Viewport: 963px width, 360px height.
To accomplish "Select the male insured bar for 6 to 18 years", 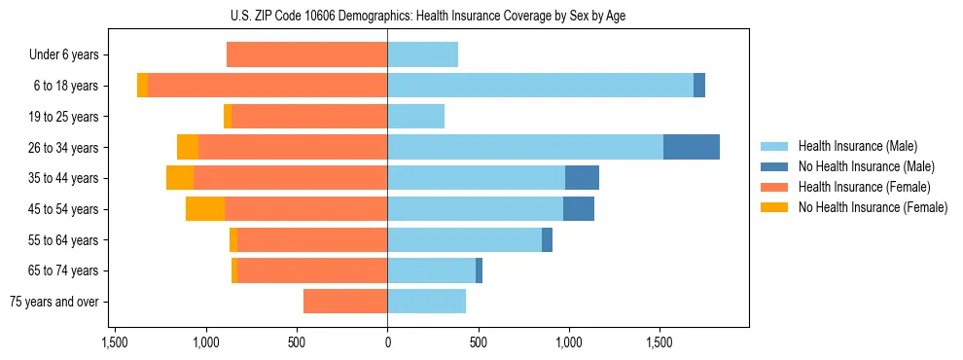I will pyautogui.click(x=540, y=86).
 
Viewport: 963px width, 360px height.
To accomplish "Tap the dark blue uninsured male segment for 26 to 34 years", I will pyautogui.click(x=691, y=147).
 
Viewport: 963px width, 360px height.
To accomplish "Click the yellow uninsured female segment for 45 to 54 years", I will pyautogui.click(x=205, y=209).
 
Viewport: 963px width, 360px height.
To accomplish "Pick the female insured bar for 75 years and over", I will pyautogui.click(x=345, y=302).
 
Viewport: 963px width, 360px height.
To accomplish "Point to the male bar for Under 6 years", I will pyautogui.click(x=422, y=54).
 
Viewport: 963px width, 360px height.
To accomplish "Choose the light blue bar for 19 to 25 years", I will pyautogui.click(x=415, y=117).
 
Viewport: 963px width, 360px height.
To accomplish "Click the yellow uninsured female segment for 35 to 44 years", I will pyautogui.click(x=180, y=178).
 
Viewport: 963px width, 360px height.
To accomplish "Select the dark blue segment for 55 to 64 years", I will pyautogui.click(x=547, y=239).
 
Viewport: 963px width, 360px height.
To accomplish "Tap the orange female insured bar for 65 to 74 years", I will pyautogui.click(x=312, y=270).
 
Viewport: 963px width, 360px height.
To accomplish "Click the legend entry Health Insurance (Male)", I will pyautogui.click(x=857, y=146).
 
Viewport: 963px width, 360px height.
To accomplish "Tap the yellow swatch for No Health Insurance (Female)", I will pyautogui.click(x=774, y=207).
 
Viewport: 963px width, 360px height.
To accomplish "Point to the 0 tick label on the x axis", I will pyautogui.click(x=387, y=342).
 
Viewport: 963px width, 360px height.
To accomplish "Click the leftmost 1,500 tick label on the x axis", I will pyautogui.click(x=116, y=342).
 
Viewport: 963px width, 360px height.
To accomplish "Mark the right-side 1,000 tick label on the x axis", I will pyautogui.click(x=569, y=342).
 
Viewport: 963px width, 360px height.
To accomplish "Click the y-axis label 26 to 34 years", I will pyautogui.click(x=63, y=148).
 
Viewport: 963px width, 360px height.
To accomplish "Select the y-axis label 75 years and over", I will pyautogui.click(x=53, y=302).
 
